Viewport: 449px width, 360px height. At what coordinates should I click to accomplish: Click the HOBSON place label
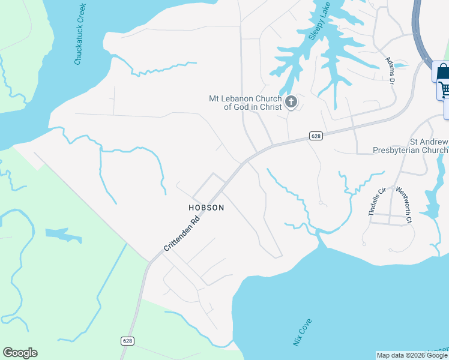(x=206, y=208)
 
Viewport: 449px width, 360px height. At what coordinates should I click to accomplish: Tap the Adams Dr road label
(x=390, y=71)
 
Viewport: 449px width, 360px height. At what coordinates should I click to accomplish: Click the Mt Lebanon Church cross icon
(x=291, y=102)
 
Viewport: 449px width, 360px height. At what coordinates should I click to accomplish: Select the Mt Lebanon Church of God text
(x=244, y=103)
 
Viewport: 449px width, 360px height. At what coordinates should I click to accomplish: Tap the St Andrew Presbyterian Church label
(x=411, y=146)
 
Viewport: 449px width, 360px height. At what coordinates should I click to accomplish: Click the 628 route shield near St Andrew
(x=316, y=136)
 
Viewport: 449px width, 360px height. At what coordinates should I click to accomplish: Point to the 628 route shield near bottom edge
(x=127, y=341)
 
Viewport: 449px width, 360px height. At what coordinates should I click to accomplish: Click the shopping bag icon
(x=443, y=73)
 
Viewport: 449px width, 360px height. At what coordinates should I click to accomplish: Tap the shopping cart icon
(x=445, y=91)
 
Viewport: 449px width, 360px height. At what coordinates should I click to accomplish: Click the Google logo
(x=20, y=353)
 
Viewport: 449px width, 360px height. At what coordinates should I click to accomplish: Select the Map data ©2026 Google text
(x=412, y=355)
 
